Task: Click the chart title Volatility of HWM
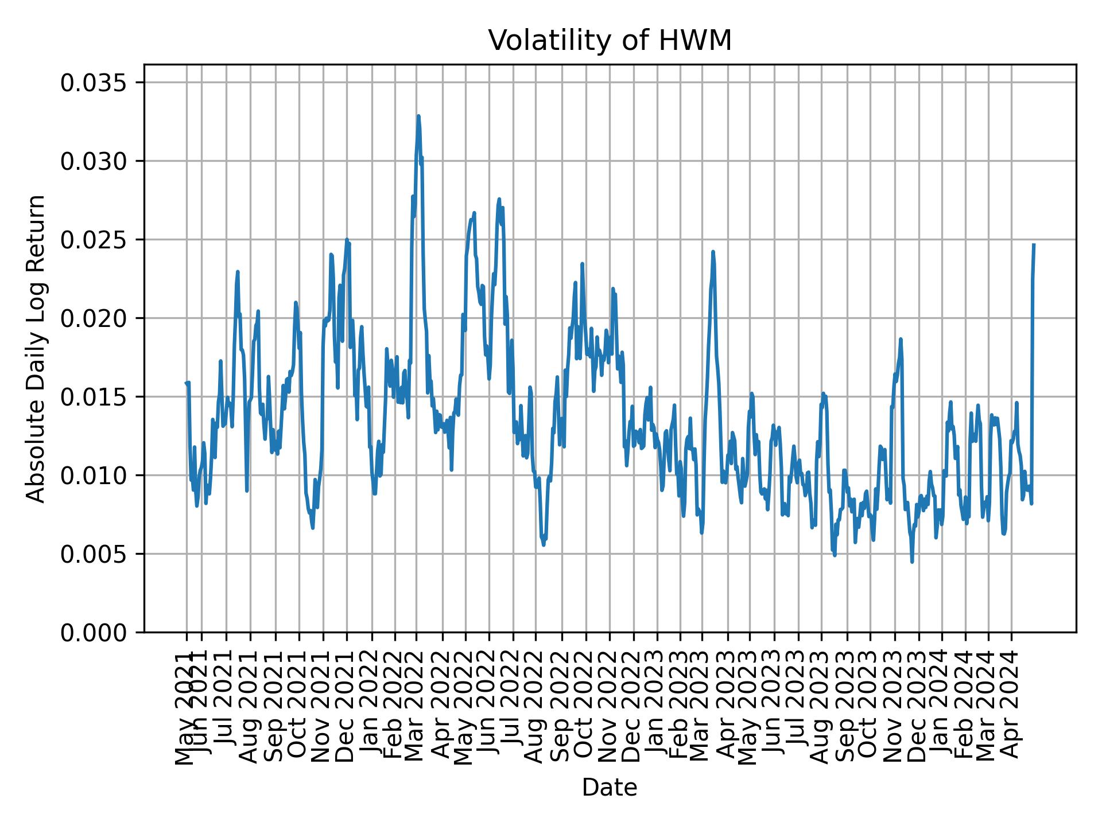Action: pos(610,41)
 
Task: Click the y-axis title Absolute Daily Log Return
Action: pos(37,348)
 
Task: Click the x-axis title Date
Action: pos(610,788)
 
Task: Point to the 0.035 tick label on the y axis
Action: pos(94,83)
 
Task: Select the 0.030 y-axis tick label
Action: pos(94,162)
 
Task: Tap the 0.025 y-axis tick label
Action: pos(94,240)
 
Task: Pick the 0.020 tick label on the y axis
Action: pos(94,318)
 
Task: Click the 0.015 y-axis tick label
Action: pos(94,397)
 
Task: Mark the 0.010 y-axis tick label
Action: pos(94,476)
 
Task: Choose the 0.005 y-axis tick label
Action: pos(94,554)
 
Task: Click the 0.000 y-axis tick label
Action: pos(94,632)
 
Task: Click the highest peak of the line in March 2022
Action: pos(418,116)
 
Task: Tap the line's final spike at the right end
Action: pos(1034,246)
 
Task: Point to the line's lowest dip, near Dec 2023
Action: pos(912,562)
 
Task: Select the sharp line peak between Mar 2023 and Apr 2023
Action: pos(713,252)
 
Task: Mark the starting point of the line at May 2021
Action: pos(186,383)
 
